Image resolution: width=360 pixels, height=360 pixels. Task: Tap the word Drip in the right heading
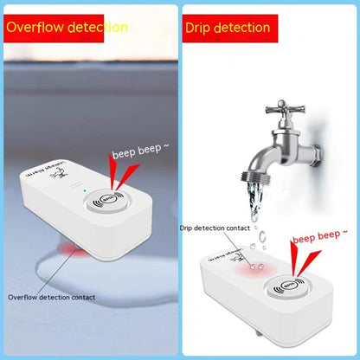click(x=198, y=28)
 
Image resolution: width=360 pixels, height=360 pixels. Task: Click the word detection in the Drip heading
click(x=242, y=28)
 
